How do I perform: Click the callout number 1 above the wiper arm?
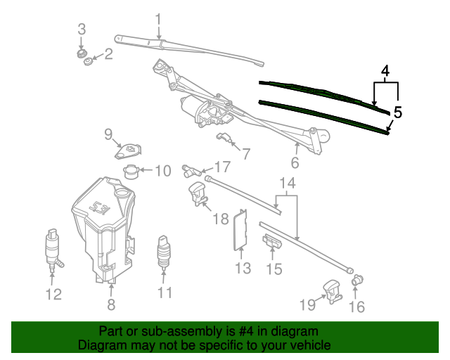point(158,20)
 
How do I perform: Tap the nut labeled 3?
point(82,53)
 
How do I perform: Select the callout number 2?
point(108,54)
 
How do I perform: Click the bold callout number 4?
point(386,71)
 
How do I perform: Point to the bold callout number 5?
point(398,112)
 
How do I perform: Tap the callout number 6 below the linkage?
point(295,162)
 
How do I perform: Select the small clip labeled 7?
point(223,137)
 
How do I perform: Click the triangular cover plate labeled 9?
point(128,151)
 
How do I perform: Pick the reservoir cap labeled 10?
point(131,172)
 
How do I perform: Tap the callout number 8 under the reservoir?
point(111,304)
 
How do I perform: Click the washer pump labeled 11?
point(164,252)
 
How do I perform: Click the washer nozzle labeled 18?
point(198,194)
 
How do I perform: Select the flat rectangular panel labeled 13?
point(240,230)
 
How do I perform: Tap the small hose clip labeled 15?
point(272,241)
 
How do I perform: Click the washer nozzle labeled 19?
point(333,291)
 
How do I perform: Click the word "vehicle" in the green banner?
point(311,345)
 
